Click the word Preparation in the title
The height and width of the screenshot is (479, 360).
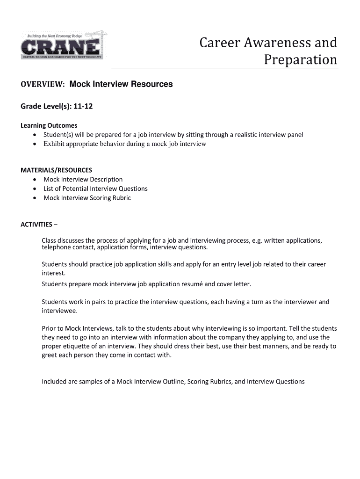(x=300, y=60)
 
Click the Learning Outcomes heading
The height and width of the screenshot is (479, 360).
(x=49, y=125)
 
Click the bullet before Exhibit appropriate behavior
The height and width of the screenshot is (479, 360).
(x=36, y=144)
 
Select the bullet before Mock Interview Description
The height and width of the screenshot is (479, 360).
(x=36, y=180)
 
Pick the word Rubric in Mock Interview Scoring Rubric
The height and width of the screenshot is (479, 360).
(x=121, y=198)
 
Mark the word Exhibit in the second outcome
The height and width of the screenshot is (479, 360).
(x=54, y=144)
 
